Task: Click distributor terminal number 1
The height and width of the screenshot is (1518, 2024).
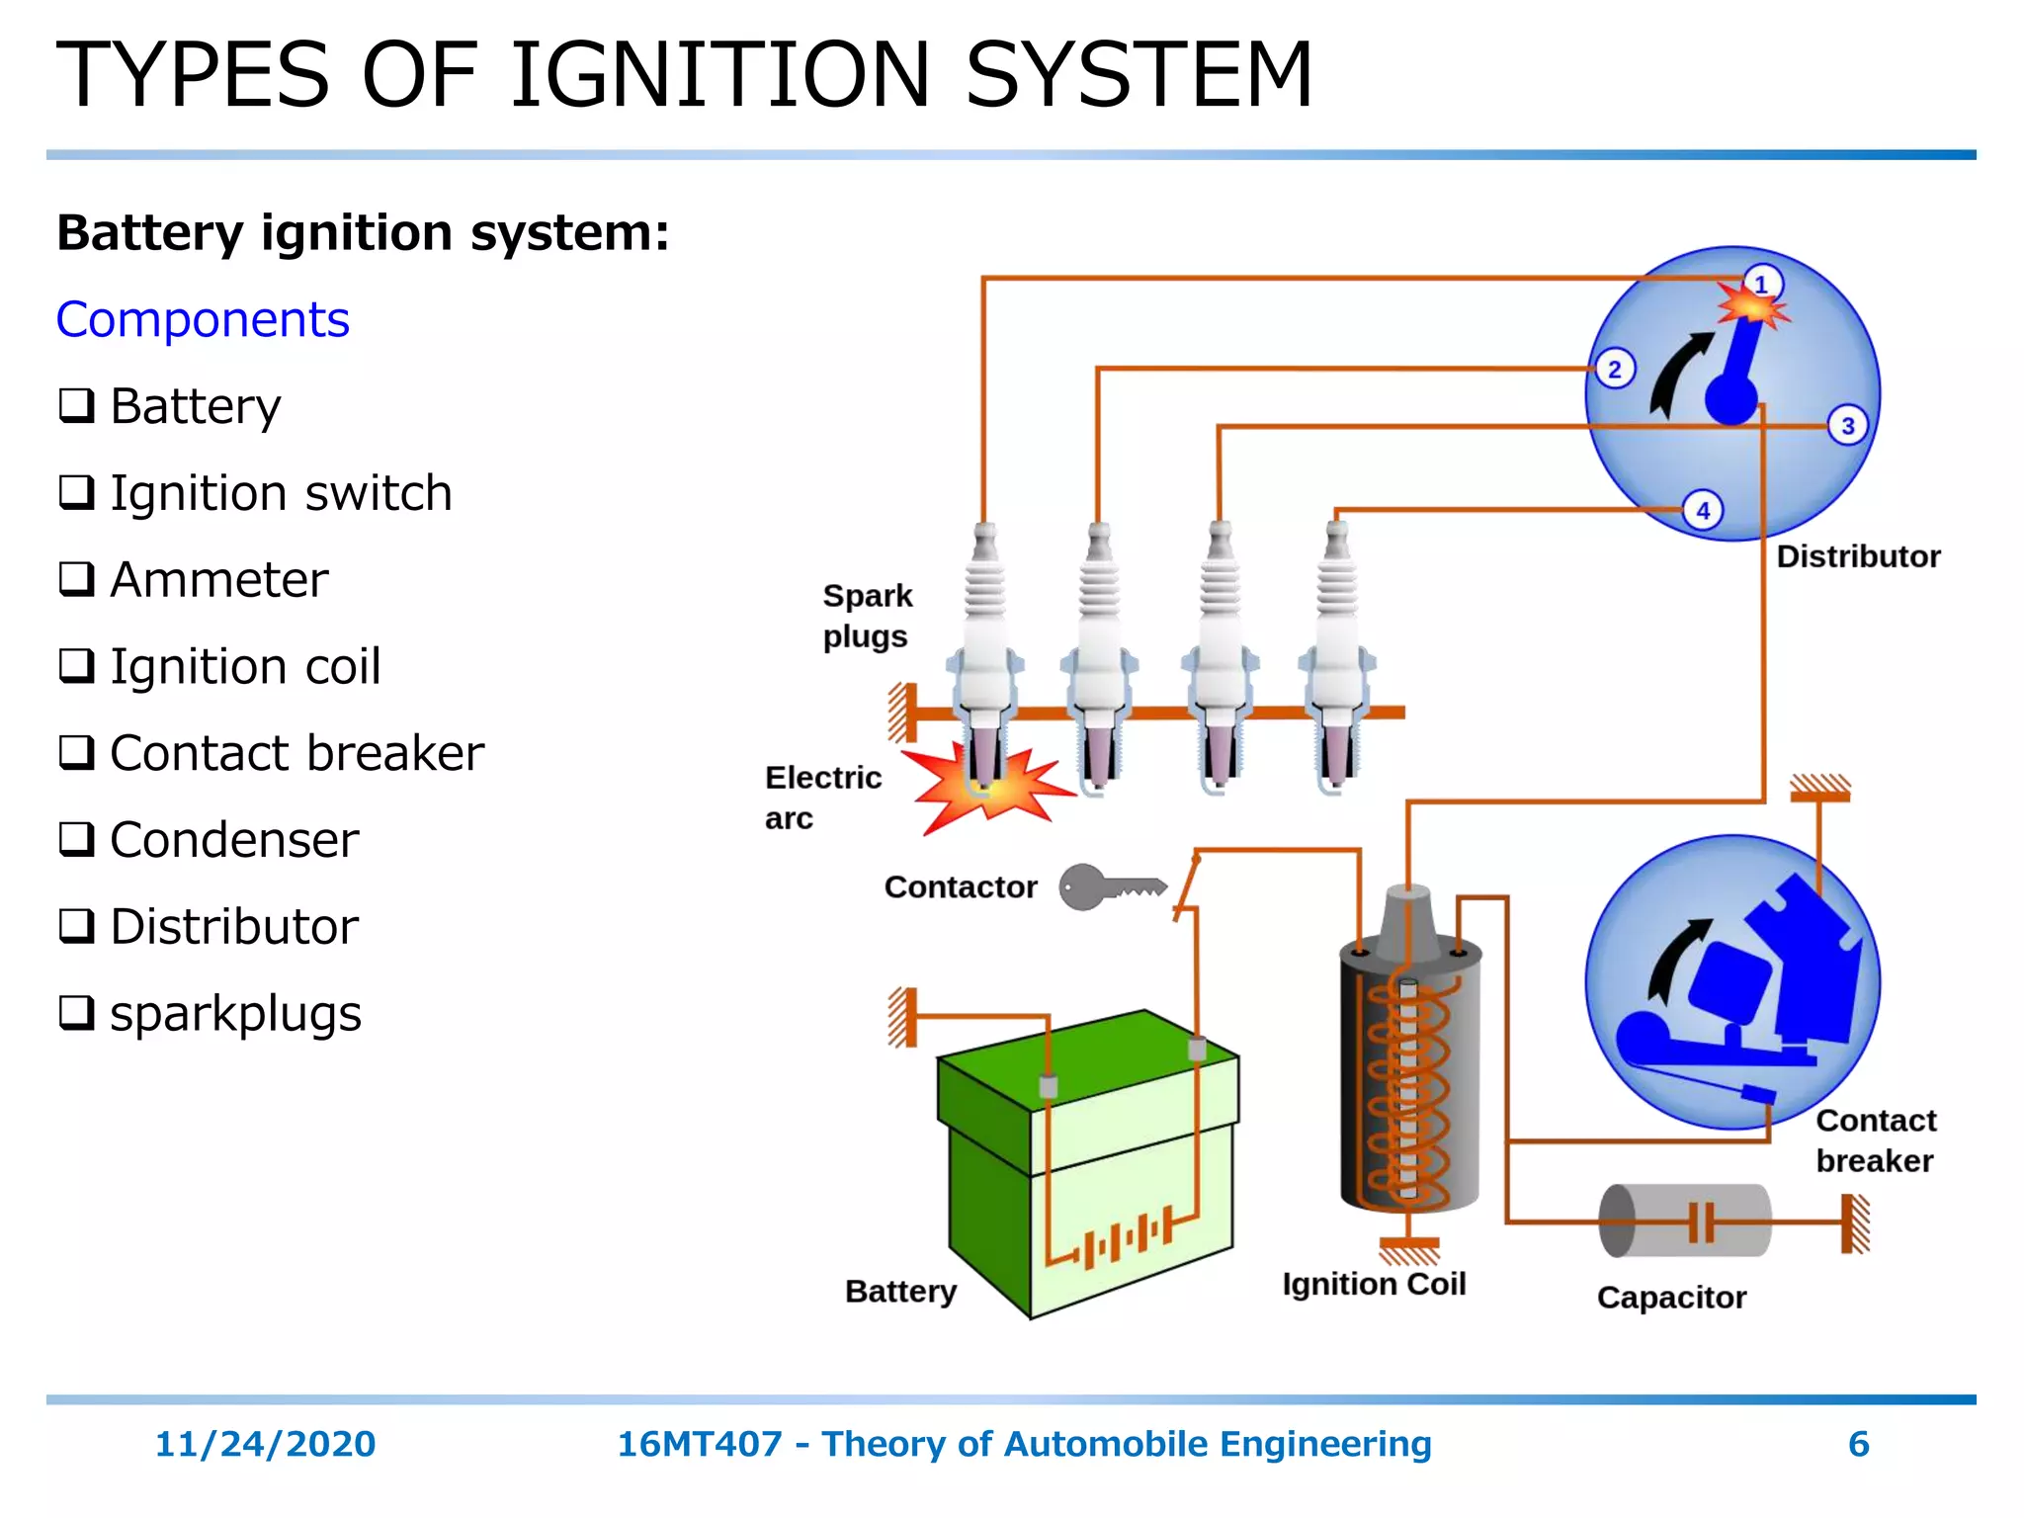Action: tap(1761, 284)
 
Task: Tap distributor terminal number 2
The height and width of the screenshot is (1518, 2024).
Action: tap(1615, 370)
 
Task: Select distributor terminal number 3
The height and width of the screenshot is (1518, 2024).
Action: tap(1847, 426)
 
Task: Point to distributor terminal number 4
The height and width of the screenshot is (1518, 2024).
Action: tap(1703, 511)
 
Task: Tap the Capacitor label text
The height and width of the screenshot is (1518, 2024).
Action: tap(1671, 1297)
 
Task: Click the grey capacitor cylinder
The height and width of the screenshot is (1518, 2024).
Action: tap(1684, 1222)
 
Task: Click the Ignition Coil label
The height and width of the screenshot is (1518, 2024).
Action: tap(1374, 1284)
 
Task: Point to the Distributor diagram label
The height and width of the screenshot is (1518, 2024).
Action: tap(1858, 556)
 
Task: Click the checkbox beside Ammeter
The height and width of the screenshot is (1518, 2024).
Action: tap(77, 579)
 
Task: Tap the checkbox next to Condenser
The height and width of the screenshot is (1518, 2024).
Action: tap(77, 840)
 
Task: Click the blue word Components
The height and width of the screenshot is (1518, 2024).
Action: tap(203, 319)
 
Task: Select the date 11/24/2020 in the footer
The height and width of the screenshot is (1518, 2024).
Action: tap(265, 1444)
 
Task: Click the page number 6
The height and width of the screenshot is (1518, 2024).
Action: tap(1858, 1444)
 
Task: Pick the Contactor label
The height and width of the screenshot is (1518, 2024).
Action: tap(961, 886)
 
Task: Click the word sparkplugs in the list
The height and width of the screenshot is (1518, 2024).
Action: tap(235, 1013)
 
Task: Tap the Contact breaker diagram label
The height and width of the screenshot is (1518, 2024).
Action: tap(1875, 1140)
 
